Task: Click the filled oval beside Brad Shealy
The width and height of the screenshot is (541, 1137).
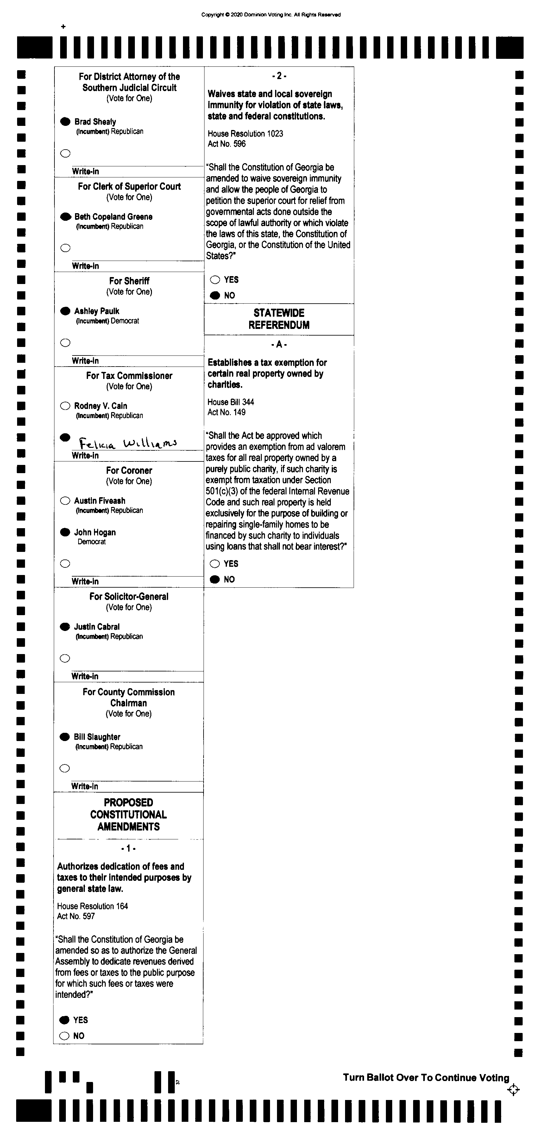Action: click(65, 121)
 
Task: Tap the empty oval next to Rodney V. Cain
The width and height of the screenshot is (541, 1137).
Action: click(65, 406)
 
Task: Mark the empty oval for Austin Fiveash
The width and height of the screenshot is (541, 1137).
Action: click(65, 501)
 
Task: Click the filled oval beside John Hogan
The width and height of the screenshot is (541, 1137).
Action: click(65, 532)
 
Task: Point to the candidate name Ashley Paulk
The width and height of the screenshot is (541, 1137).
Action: click(97, 311)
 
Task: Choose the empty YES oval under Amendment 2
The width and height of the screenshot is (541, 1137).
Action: click(215, 279)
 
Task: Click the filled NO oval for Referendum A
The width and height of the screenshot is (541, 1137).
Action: click(215, 579)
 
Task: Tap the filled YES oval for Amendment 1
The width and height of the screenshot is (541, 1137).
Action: click(65, 1020)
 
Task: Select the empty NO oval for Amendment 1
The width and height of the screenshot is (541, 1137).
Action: click(65, 1035)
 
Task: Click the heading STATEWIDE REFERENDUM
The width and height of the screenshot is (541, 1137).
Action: click(279, 319)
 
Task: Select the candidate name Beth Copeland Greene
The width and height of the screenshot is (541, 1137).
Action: click(114, 216)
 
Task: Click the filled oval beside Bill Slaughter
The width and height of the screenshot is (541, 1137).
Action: click(65, 737)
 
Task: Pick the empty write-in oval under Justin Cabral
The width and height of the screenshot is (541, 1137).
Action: click(65, 658)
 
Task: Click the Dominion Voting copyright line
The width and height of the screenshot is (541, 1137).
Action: click(271, 15)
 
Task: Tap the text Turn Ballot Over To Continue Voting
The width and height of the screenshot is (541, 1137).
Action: click(426, 1078)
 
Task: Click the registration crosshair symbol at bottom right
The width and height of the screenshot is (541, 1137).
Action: click(513, 1090)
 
